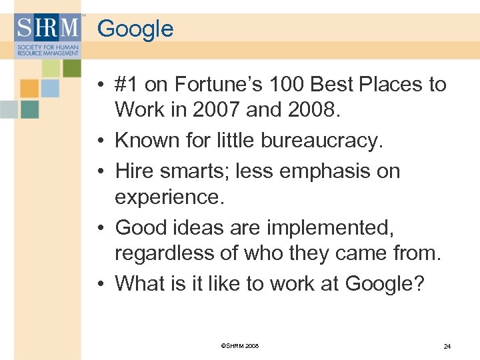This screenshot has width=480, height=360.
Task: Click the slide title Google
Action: click(x=135, y=29)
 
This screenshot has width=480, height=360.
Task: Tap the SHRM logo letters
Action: click(x=47, y=29)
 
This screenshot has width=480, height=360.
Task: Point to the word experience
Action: click(x=167, y=197)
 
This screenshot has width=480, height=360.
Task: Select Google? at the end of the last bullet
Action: click(x=385, y=283)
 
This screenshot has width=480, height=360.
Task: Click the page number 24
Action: click(x=447, y=347)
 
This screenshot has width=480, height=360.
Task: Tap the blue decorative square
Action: click(x=50, y=87)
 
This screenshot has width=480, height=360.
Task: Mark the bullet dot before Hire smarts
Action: click(x=98, y=172)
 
